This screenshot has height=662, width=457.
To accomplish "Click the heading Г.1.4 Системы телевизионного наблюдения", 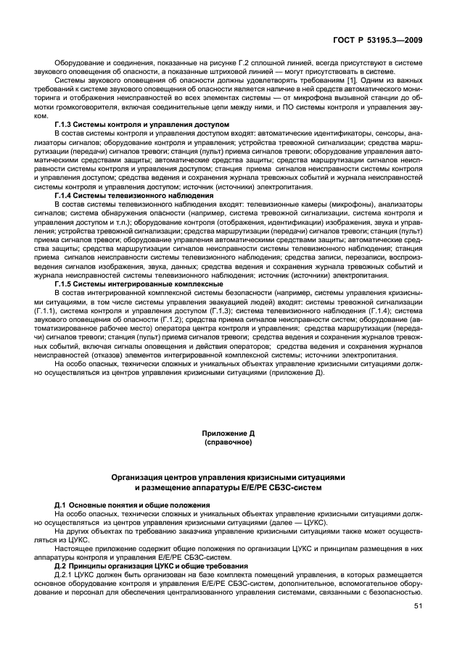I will click(133, 196).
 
